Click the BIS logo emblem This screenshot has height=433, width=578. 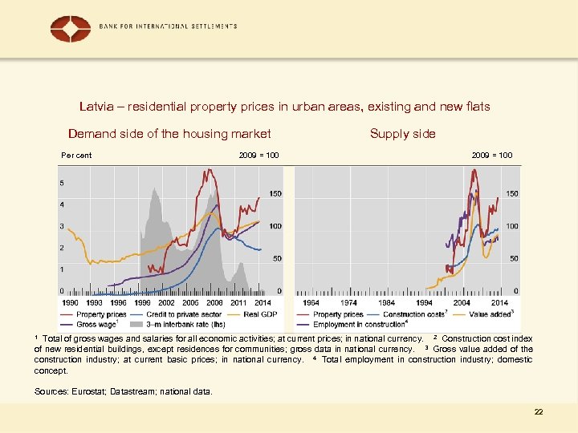click(x=71, y=29)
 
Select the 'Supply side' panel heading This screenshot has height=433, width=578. click(x=402, y=134)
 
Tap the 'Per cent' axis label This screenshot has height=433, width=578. click(x=76, y=155)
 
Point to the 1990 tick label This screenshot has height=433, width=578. click(x=70, y=302)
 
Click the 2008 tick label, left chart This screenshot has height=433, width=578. click(x=214, y=302)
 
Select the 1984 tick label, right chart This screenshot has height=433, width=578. click(x=387, y=302)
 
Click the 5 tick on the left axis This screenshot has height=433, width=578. click(x=63, y=183)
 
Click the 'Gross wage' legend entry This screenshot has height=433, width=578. click(x=96, y=324)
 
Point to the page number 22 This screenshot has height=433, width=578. click(x=538, y=411)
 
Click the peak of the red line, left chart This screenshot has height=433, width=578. click(x=210, y=169)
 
